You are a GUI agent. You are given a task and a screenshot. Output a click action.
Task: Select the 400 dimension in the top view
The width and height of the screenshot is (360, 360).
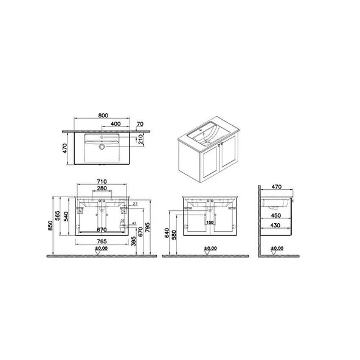coord(115,124)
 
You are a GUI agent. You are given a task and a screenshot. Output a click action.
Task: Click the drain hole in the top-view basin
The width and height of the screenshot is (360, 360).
coord(103,146)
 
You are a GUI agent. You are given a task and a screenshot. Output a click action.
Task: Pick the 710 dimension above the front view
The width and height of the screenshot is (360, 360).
coord(102,182)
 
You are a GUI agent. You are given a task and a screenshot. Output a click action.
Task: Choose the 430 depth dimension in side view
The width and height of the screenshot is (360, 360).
coord(275,226)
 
